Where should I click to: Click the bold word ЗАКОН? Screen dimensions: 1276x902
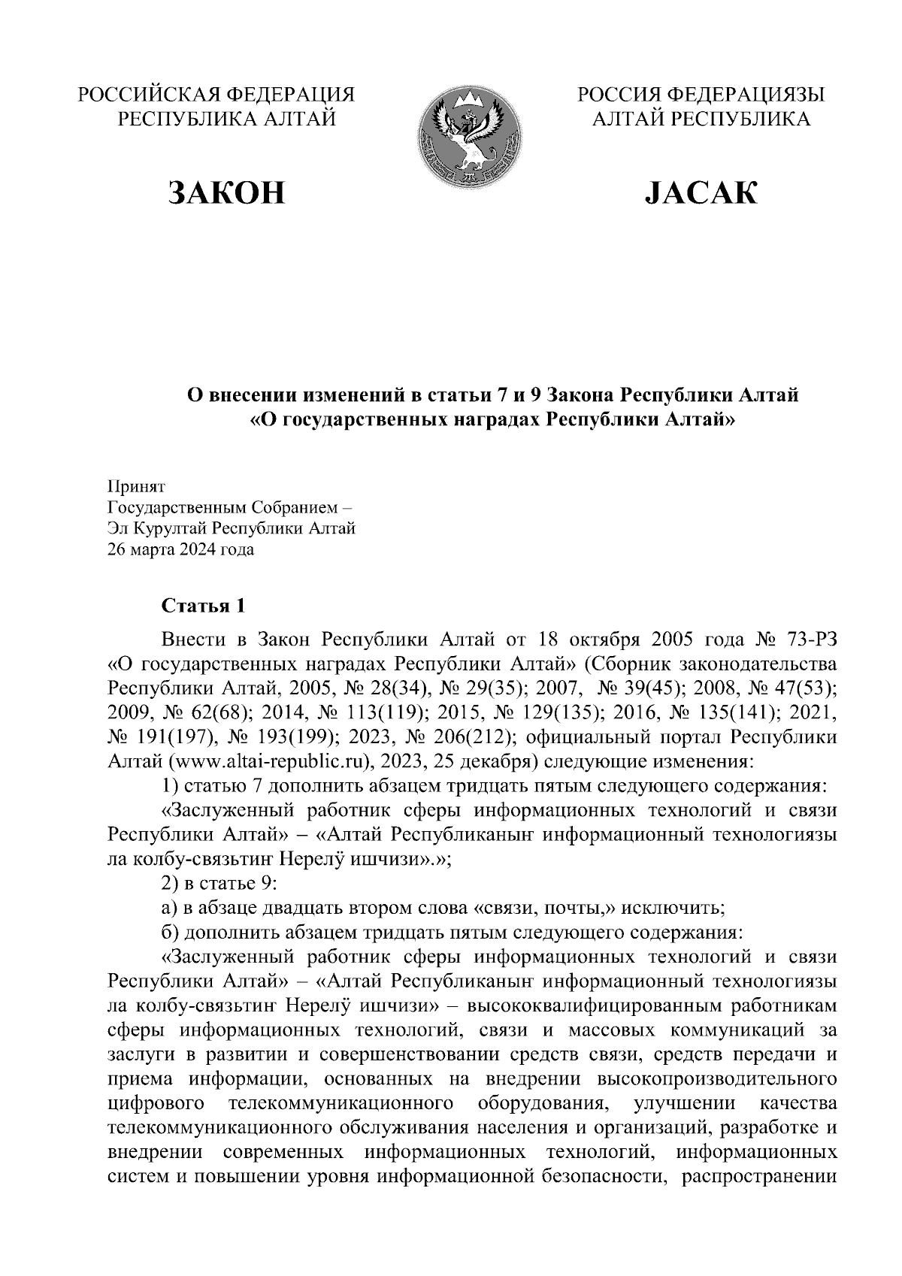pos(227,193)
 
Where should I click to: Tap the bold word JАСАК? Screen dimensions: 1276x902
pos(701,193)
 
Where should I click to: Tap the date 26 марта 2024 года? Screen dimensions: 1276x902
pos(181,549)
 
